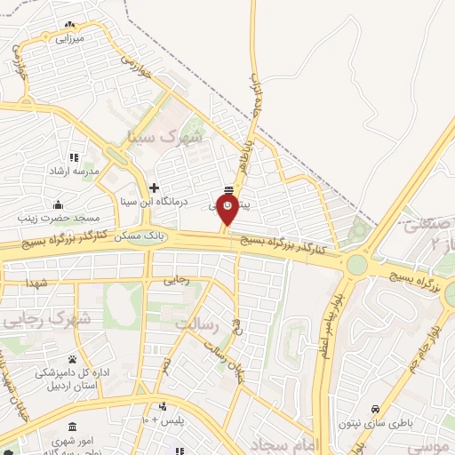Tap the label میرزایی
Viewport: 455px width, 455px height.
click(x=68, y=38)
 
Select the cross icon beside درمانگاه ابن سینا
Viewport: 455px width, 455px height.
click(x=156, y=188)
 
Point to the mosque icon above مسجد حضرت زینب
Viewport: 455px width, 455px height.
click(x=58, y=204)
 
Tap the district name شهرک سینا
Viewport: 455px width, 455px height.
click(x=165, y=138)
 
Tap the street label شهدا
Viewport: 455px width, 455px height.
click(x=37, y=282)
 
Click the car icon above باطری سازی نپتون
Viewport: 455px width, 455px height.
click(x=377, y=408)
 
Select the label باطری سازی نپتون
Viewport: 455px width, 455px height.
click(x=374, y=423)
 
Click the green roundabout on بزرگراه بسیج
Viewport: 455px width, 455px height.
click(x=356, y=264)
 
